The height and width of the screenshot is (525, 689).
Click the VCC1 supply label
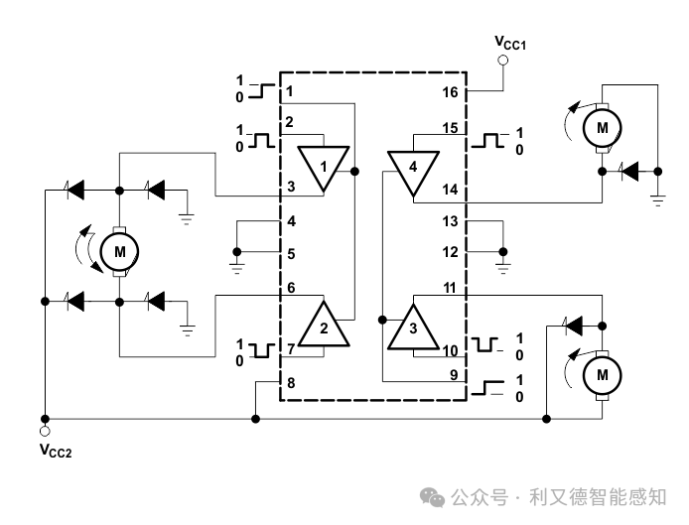pos(510,43)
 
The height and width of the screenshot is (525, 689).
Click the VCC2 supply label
pos(56,451)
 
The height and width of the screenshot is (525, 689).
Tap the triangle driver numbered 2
pos(324,325)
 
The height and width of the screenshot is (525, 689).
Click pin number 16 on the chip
pos(450,92)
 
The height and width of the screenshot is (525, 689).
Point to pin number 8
pos(291,383)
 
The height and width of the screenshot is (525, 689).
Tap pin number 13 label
pos(450,221)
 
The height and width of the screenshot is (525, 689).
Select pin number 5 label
pos(291,254)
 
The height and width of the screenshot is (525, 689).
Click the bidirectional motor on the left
pos(119,252)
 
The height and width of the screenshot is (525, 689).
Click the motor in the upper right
pos(602,128)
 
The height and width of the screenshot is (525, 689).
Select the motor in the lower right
pos(602,375)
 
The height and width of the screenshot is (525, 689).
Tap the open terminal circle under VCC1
pos(503,61)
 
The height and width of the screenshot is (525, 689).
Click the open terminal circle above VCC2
pos(45,431)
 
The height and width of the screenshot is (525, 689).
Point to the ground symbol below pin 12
pos(503,267)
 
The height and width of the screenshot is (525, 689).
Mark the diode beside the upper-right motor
pos(629,172)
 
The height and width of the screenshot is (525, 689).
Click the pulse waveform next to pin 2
pos(262,140)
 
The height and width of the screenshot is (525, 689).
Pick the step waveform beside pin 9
pos(487,388)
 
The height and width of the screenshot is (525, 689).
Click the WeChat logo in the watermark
pos(433,497)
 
